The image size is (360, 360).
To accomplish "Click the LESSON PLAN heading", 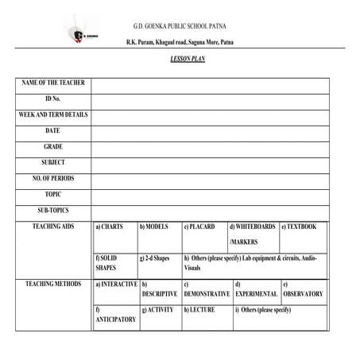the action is click(x=188, y=60).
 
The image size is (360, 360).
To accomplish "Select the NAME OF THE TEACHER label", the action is click(x=53, y=83).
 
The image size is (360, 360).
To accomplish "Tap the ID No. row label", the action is click(x=53, y=99).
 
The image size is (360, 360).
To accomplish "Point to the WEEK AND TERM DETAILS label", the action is click(x=53, y=114).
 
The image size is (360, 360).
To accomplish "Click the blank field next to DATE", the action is click(x=209, y=131).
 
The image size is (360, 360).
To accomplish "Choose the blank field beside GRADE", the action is click(x=209, y=147).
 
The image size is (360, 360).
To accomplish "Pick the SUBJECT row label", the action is click(x=53, y=162).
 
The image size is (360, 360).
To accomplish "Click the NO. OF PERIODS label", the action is click(x=53, y=178).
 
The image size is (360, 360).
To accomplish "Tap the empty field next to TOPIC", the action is click(x=209, y=194).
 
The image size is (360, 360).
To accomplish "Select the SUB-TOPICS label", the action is click(x=53, y=210).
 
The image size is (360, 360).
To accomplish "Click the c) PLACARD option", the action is click(x=199, y=226).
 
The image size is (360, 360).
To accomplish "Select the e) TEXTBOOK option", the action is click(x=299, y=226).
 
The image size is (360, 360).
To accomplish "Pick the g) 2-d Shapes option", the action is click(x=155, y=258).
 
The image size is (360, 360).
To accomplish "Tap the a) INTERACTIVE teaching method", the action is click(x=116, y=284).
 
